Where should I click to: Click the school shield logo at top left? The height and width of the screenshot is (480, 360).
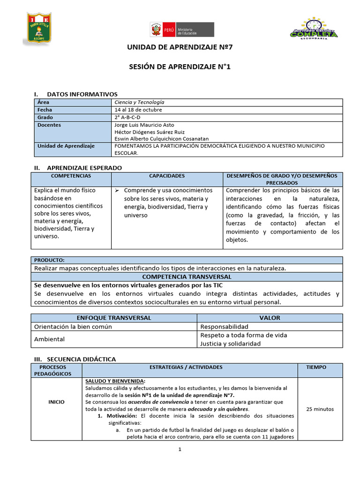click(38, 30)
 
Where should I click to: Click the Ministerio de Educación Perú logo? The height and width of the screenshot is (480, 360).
click(182, 30)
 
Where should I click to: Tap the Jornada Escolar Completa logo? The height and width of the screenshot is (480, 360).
click(314, 30)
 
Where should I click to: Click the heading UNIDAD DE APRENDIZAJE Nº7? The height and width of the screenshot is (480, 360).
click(180, 48)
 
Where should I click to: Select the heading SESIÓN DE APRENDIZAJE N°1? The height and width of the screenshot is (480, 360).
click(180, 67)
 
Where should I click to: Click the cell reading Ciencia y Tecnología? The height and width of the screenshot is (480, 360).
click(139, 102)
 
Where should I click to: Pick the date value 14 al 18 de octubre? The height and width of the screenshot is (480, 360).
click(138, 110)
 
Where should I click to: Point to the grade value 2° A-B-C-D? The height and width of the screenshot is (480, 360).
click(127, 117)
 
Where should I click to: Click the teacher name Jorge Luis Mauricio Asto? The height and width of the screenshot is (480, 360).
click(144, 125)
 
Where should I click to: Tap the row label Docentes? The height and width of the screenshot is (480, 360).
click(49, 125)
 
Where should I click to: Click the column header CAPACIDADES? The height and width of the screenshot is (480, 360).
click(167, 176)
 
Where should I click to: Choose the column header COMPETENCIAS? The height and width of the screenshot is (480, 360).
click(71, 176)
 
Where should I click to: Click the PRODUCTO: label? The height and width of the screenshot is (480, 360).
click(50, 260)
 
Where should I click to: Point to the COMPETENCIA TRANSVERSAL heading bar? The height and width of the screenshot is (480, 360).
click(187, 277)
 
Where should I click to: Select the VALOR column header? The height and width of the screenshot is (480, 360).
click(270, 318)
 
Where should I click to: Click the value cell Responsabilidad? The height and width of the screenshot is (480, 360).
click(224, 326)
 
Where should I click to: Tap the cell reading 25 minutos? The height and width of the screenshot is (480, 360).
click(320, 409)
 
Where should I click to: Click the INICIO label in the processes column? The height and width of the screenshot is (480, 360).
click(56, 402)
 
